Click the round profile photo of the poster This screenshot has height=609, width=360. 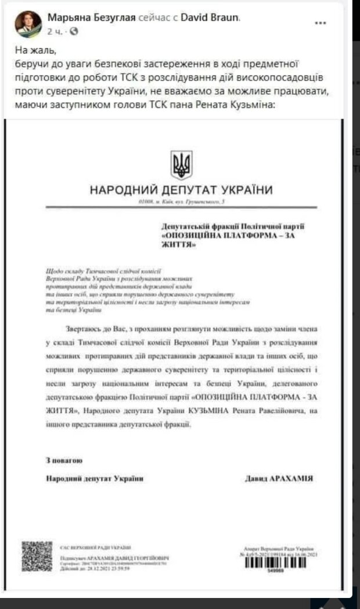point(27,24)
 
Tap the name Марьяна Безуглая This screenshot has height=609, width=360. point(90,17)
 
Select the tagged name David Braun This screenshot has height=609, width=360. point(203,17)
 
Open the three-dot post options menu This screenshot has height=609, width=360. point(320,23)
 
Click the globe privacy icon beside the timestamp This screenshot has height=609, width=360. point(73,31)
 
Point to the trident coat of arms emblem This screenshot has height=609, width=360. point(181,165)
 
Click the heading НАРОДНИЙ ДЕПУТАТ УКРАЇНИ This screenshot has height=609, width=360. point(181,190)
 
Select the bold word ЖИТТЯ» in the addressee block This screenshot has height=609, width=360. point(176,246)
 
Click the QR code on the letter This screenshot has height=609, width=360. point(37,556)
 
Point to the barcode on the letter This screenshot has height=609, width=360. point(279,564)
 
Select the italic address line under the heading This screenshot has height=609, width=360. point(181,201)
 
